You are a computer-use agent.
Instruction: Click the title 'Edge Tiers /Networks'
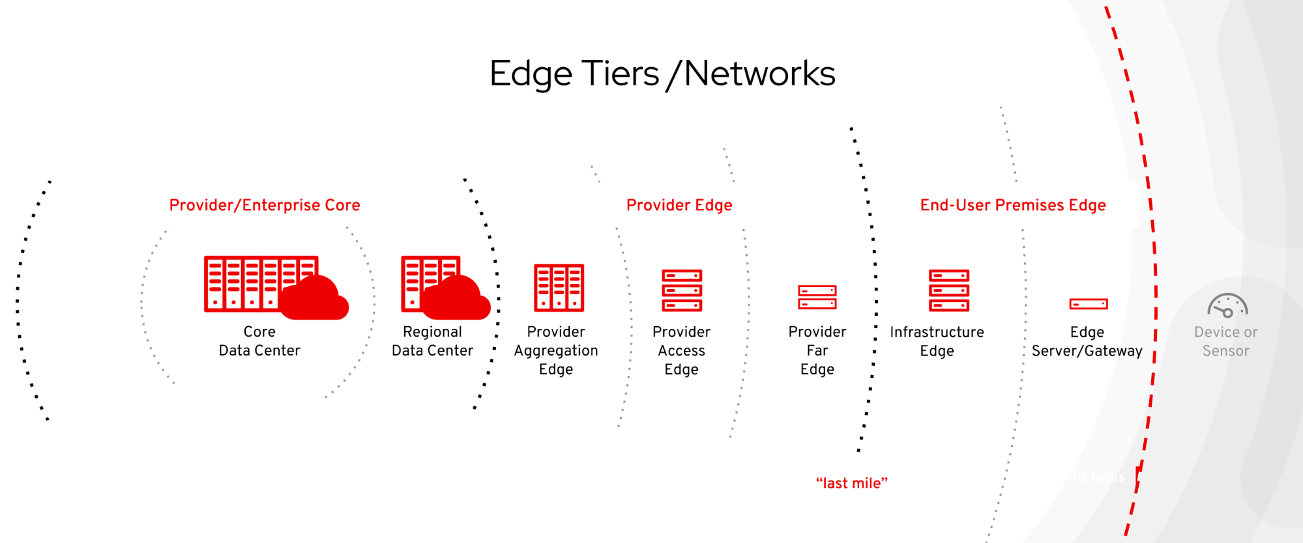click(662, 74)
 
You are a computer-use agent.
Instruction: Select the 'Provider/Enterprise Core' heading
click(265, 205)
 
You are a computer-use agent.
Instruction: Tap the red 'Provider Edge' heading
click(679, 205)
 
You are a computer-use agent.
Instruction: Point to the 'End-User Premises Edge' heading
click(1013, 205)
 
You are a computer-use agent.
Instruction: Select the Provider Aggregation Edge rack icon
click(559, 287)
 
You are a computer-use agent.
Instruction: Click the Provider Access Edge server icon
click(682, 290)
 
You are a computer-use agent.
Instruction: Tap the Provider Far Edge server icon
click(817, 297)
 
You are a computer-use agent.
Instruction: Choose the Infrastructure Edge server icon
click(949, 290)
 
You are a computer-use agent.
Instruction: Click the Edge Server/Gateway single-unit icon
click(1088, 303)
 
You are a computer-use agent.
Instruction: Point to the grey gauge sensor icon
click(1227, 305)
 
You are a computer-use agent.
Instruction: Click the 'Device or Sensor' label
click(1225, 342)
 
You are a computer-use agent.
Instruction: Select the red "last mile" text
click(852, 483)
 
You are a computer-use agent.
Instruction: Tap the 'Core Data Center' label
click(259, 341)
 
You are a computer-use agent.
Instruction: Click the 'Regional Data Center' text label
click(432, 341)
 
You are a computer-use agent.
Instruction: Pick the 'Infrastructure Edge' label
click(937, 342)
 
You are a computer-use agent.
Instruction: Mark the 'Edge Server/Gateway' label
click(1087, 342)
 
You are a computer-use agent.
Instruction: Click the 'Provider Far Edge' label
click(817, 351)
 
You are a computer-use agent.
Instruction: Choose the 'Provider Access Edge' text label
click(681, 351)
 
